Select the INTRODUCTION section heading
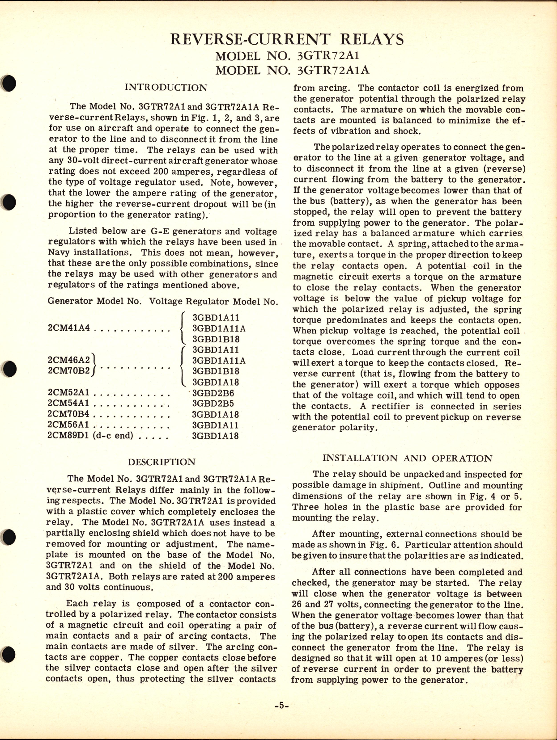[166, 88]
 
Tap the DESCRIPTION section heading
[162, 462]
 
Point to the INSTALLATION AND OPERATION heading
[407, 458]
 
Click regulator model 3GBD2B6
[213, 393]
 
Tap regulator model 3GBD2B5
[213, 404]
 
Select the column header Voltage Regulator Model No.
[213, 302]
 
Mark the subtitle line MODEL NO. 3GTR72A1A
[293, 71]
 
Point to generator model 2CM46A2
[69, 360]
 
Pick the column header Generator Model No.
[94, 302]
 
